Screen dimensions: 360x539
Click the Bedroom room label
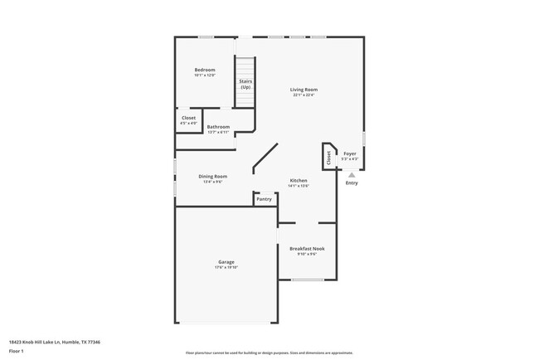(205, 70)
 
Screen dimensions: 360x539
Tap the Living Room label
(303, 90)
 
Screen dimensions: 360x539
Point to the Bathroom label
(218, 127)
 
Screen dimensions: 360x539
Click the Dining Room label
(213, 176)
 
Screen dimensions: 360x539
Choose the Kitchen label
(299, 180)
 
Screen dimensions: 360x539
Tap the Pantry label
(264, 199)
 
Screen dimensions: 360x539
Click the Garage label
(226, 262)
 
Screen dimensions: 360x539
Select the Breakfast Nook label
(307, 248)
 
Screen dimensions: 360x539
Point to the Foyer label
(350, 154)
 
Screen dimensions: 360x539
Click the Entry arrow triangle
(352, 175)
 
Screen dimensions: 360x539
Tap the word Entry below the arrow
(352, 183)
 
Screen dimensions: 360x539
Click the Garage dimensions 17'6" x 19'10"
(226, 268)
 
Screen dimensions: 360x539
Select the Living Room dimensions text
(303, 95)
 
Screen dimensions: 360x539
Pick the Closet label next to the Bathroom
(189, 119)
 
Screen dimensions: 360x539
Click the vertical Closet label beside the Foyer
(328, 158)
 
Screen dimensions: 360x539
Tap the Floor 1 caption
(17, 352)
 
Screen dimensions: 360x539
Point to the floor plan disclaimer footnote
(269, 352)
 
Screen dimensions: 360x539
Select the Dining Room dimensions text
(213, 182)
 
